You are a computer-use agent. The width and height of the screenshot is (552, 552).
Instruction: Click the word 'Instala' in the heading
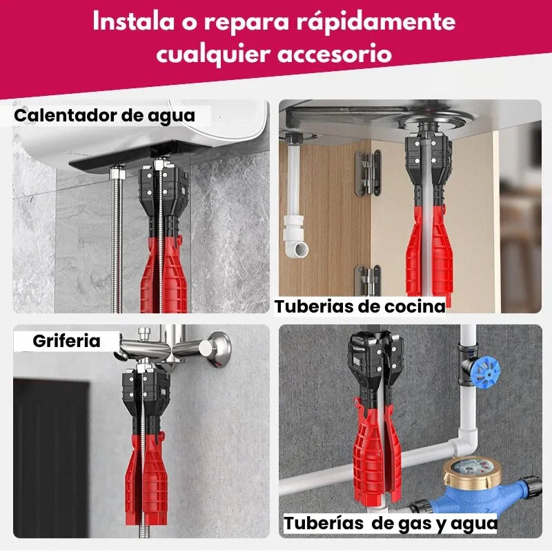click(134, 21)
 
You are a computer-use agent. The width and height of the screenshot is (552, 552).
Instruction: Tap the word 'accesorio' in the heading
click(335, 54)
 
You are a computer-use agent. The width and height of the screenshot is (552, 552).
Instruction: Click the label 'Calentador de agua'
click(105, 116)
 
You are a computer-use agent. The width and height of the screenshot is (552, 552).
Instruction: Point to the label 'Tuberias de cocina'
click(360, 306)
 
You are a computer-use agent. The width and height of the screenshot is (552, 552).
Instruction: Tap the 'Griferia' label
click(66, 341)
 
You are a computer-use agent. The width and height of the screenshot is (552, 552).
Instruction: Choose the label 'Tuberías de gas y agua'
click(391, 523)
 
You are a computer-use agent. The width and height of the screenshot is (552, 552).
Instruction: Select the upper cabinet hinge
click(368, 172)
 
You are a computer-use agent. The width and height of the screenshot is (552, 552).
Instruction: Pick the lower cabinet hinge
click(368, 280)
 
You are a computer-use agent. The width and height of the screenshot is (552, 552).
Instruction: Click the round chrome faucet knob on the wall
click(215, 348)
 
